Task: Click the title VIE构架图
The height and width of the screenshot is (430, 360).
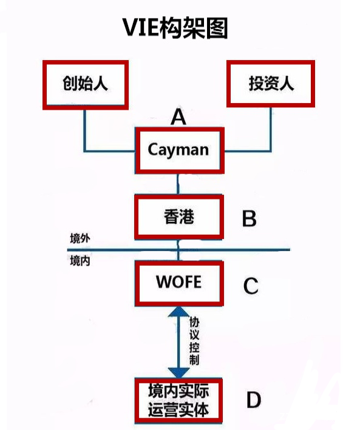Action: [x=175, y=27]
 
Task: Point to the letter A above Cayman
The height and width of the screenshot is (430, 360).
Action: [x=178, y=116]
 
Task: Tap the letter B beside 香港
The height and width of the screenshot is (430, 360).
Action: [x=250, y=218]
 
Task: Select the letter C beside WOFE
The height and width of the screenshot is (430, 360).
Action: [x=251, y=286]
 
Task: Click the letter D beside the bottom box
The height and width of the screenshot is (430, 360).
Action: [x=253, y=400]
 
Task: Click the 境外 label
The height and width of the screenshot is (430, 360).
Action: [x=80, y=238]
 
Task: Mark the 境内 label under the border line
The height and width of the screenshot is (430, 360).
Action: [x=80, y=261]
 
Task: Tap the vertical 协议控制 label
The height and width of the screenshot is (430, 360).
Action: [x=194, y=341]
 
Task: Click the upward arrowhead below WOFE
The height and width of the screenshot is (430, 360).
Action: [x=178, y=312]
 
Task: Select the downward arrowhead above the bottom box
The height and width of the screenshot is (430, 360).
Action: [x=178, y=373]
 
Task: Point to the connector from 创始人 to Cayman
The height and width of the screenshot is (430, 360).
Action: [x=85, y=151]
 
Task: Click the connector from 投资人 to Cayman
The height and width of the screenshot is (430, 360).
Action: [x=271, y=151]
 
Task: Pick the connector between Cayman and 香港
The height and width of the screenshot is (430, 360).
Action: [x=178, y=184]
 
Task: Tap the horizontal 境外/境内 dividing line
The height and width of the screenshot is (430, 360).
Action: [x=178, y=250]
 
